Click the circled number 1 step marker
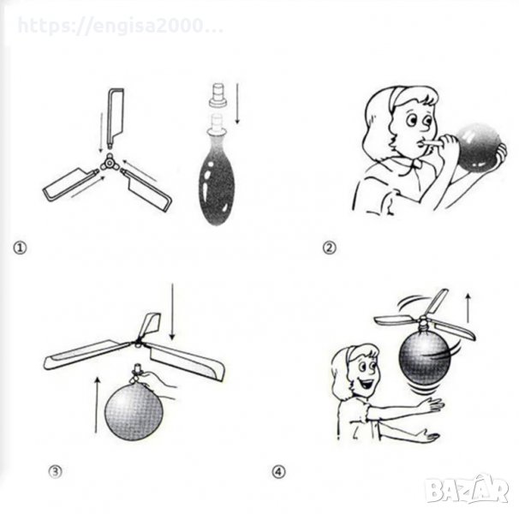tap(20, 248)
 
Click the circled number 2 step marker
tap(329, 248)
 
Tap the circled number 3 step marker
tap(56, 471)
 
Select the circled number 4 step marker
tap(278, 471)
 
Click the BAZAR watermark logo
tap(467, 489)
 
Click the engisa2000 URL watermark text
tap(121, 26)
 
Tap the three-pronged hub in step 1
tap(109, 163)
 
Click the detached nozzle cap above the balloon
tap(218, 95)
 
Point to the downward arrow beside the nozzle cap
tap(237, 104)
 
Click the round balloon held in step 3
tap(134, 411)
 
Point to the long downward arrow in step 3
tap(172, 311)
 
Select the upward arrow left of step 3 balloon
tap(97, 404)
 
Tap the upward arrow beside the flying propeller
tap(468, 308)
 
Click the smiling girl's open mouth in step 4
tap(366, 384)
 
